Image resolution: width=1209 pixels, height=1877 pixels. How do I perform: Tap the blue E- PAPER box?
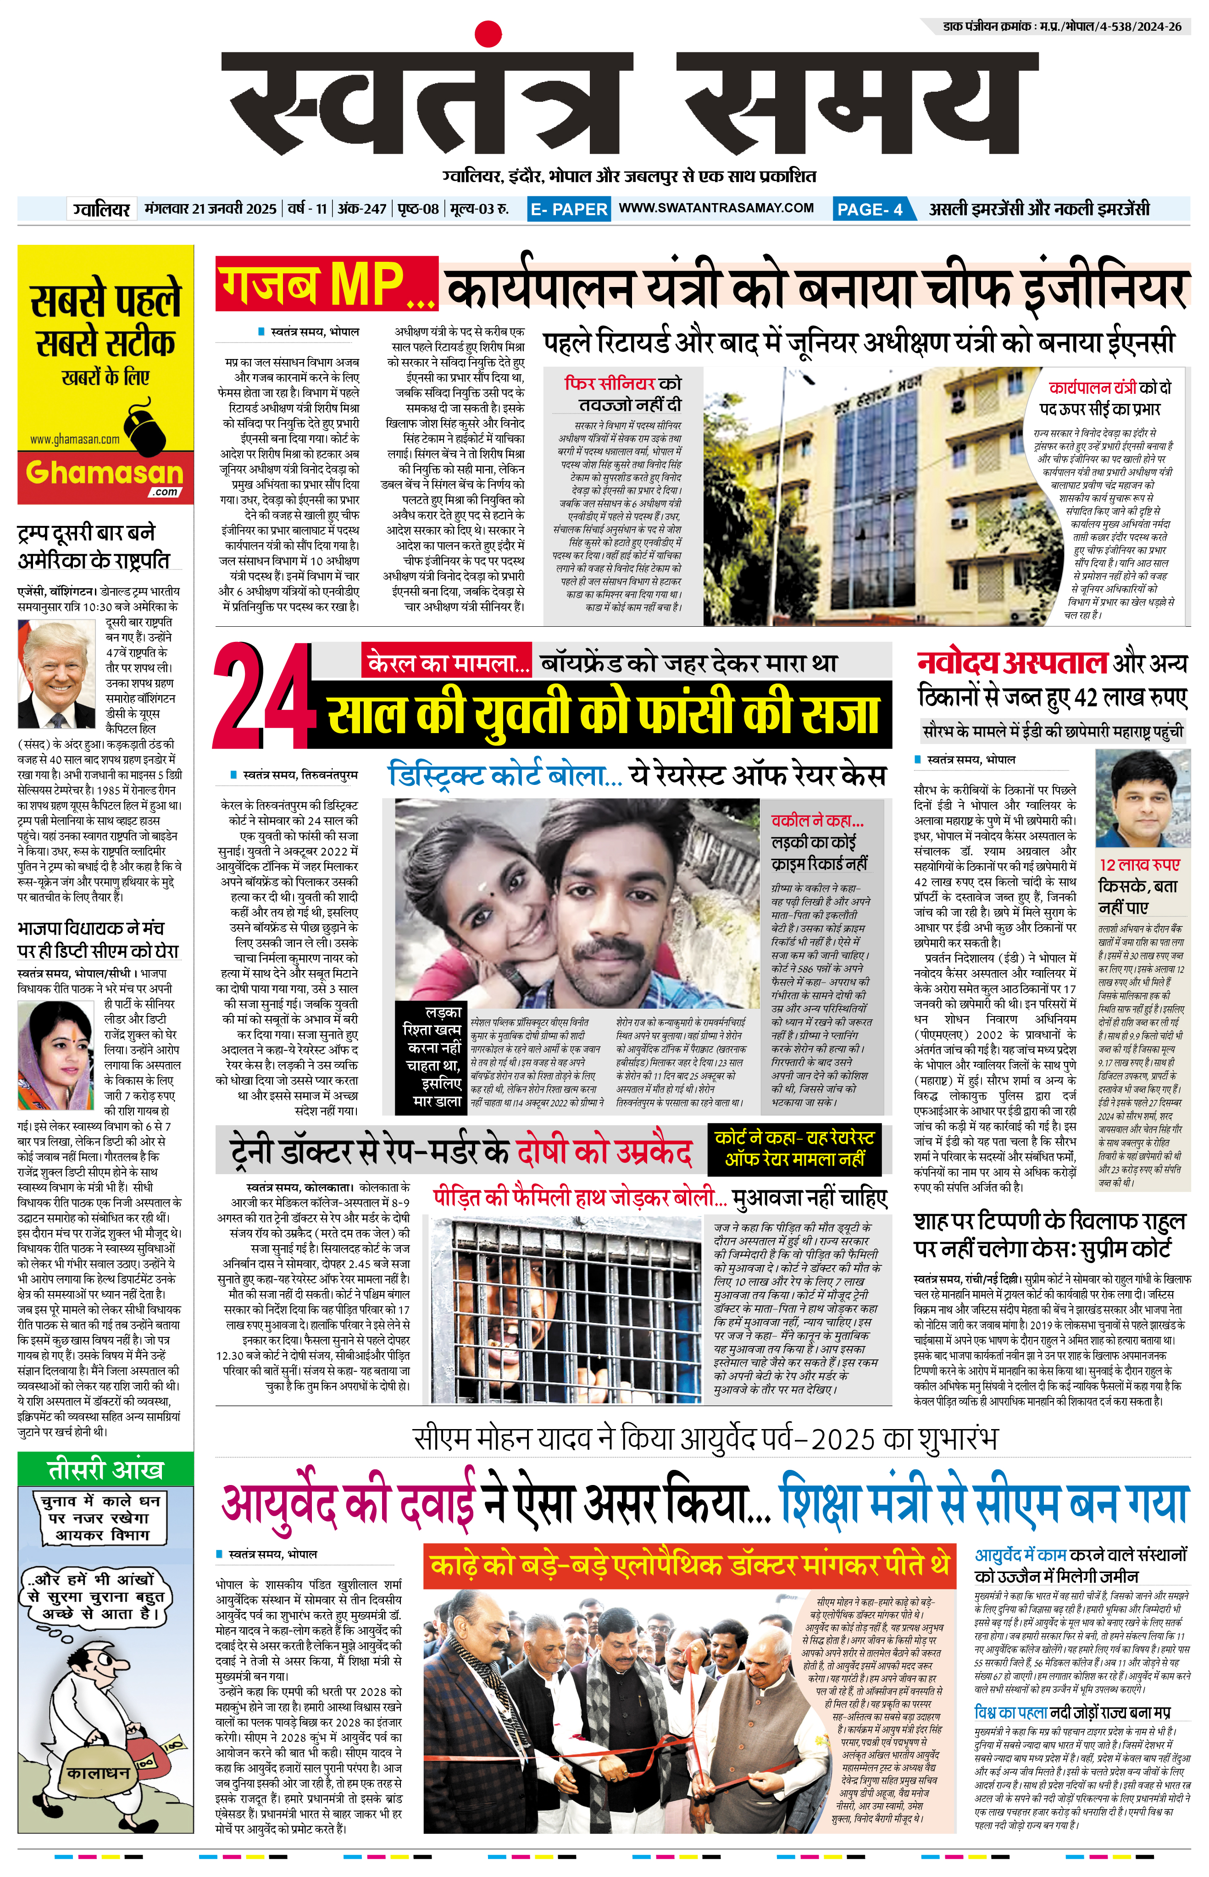(568, 209)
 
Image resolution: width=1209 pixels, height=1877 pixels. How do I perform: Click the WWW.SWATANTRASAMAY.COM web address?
(716, 208)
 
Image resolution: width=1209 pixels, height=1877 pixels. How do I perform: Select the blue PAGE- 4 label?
(870, 209)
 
